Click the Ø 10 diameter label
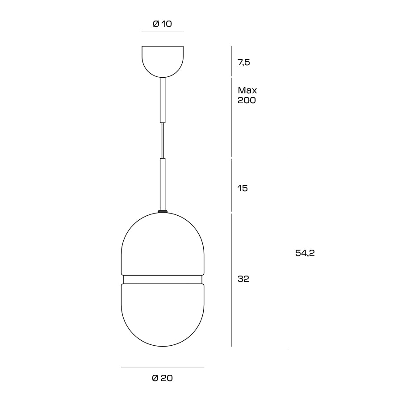[x=162, y=24]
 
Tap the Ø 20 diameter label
[x=162, y=378]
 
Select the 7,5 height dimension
[x=244, y=62]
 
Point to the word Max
[x=247, y=90]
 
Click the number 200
[x=247, y=100]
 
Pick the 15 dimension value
[x=243, y=188]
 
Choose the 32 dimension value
[x=243, y=279]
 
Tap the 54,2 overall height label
[x=305, y=253]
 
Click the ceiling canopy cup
[x=163, y=62]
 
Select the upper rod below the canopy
[x=163, y=100]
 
